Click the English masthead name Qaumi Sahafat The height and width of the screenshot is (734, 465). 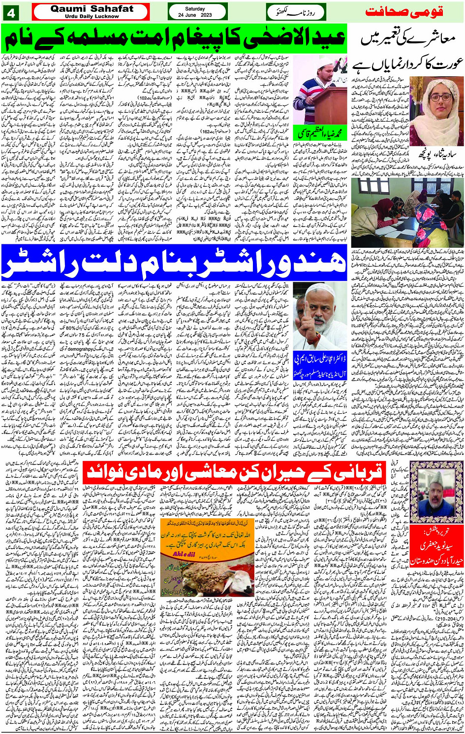[92, 8]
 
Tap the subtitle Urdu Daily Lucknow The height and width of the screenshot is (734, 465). [92, 16]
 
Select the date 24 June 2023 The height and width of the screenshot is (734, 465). [195, 15]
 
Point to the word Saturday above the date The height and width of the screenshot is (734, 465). [195, 8]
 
